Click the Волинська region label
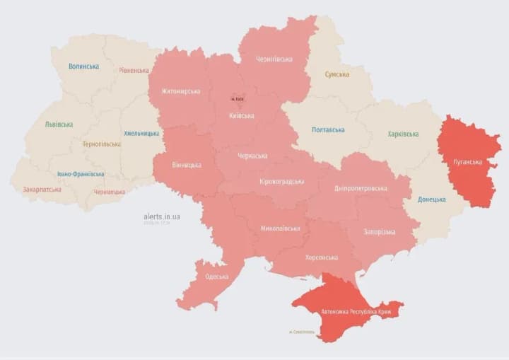click(x=83, y=66)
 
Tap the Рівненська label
click(x=134, y=70)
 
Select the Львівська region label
click(x=59, y=124)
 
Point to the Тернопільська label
click(x=101, y=144)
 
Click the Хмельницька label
click(x=141, y=133)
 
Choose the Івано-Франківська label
click(x=81, y=174)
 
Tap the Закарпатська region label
click(x=41, y=190)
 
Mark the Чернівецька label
click(x=110, y=192)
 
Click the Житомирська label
click(x=180, y=91)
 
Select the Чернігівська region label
click(x=274, y=59)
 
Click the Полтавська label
click(x=328, y=130)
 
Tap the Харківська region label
click(x=403, y=134)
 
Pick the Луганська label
click(x=467, y=162)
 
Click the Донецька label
click(x=431, y=199)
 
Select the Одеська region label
click(x=216, y=277)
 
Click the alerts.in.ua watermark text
click(x=161, y=216)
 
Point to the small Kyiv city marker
click(x=238, y=100)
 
